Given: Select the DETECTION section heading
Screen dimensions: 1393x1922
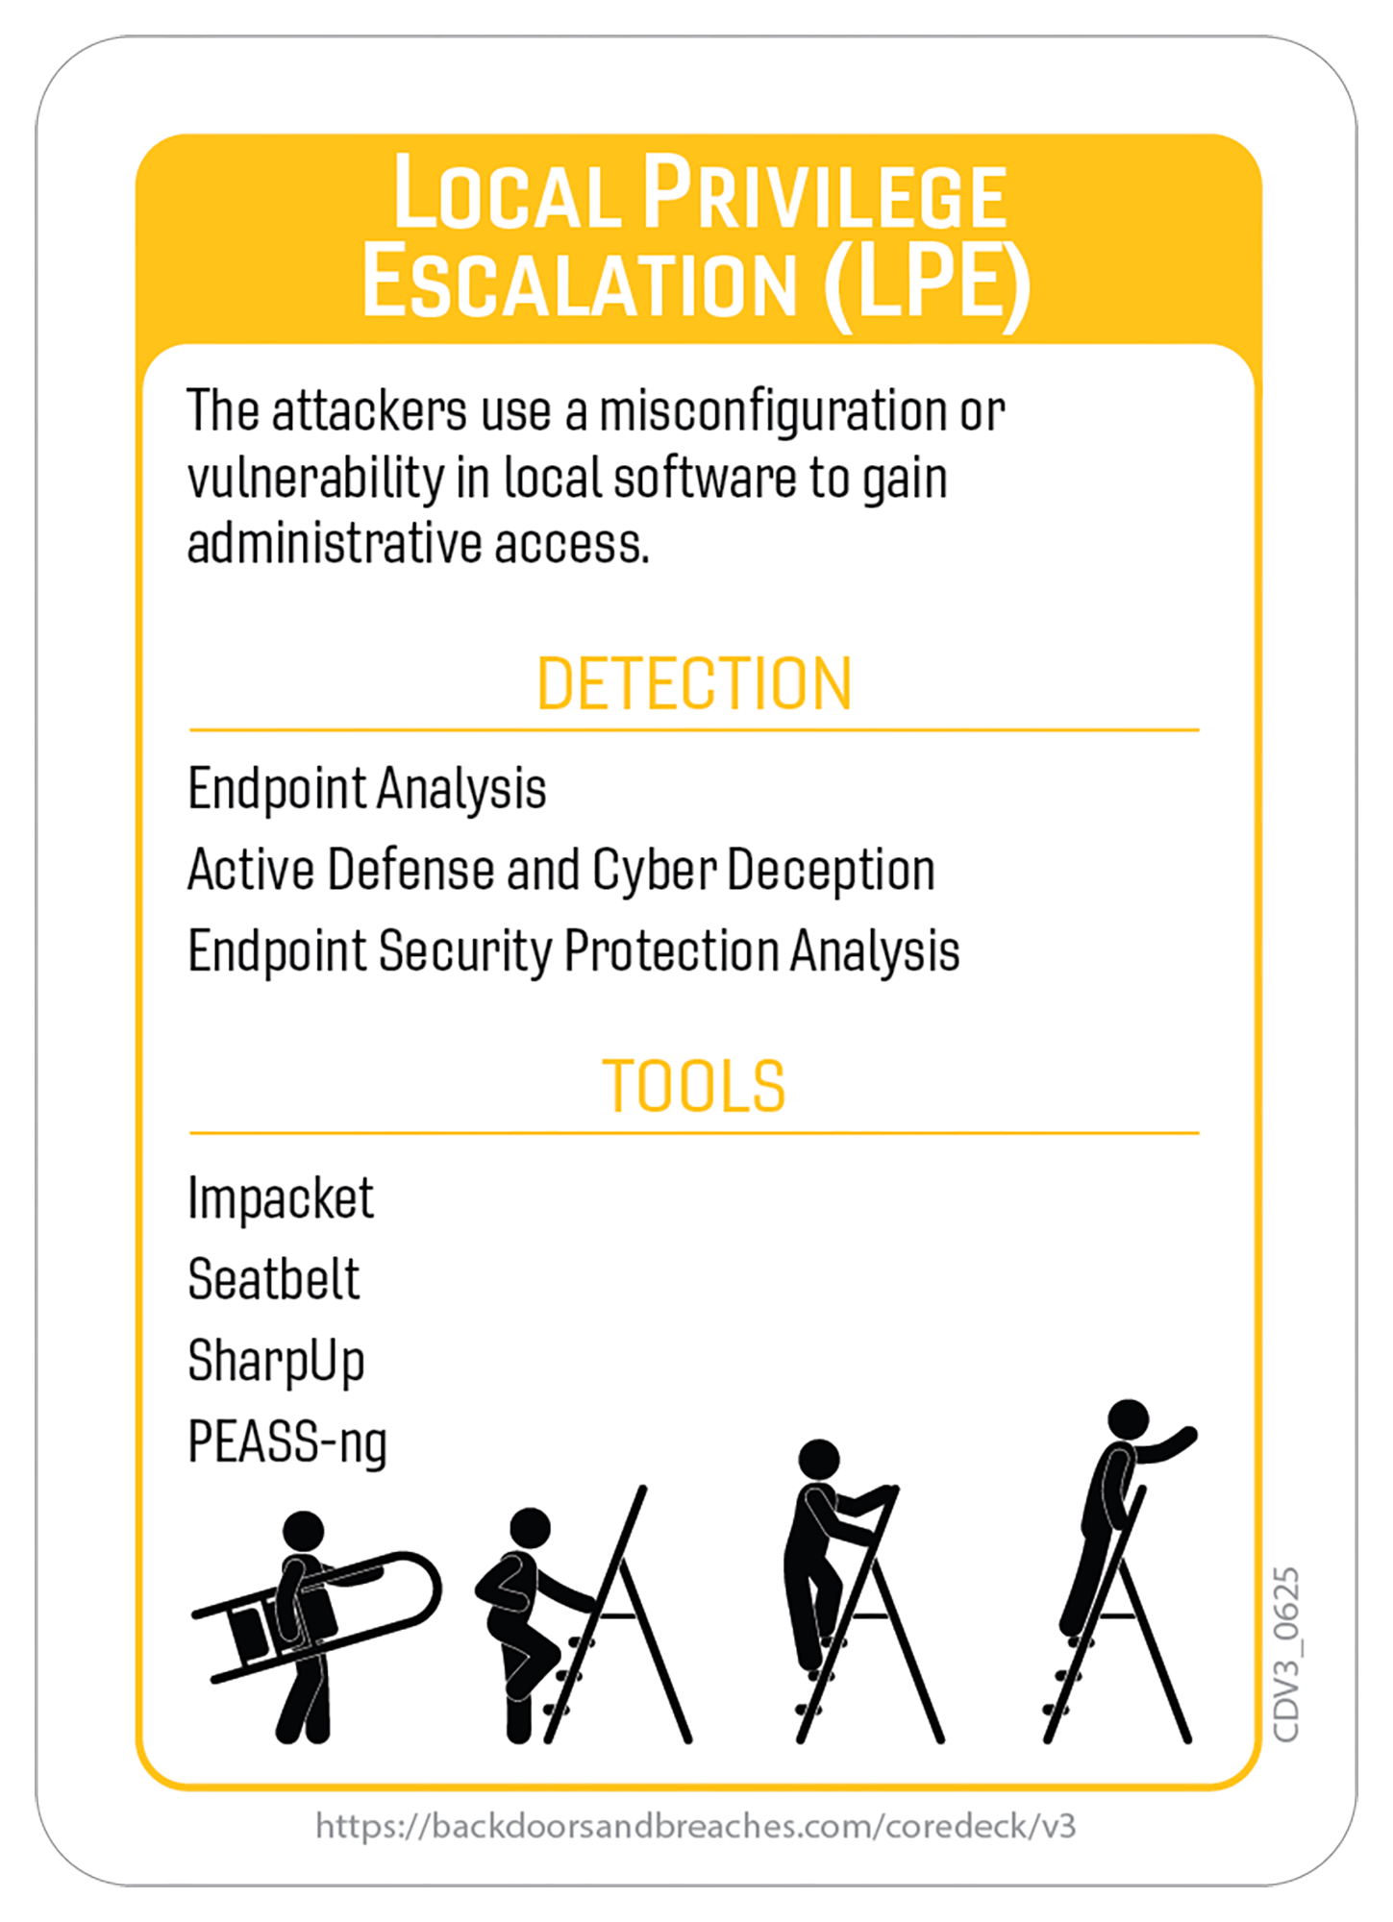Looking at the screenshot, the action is tap(694, 683).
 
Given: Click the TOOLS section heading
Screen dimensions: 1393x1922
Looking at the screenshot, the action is tap(694, 1086).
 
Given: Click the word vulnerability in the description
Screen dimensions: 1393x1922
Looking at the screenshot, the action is tap(314, 479).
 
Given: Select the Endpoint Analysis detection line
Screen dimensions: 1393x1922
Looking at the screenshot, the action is tap(366, 790).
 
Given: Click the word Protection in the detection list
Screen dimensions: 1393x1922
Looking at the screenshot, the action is tap(671, 951).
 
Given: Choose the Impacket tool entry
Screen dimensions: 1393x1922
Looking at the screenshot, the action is tap(280, 1199).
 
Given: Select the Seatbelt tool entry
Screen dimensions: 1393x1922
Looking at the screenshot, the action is tap(273, 1279).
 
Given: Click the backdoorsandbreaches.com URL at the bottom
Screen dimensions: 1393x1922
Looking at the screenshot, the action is tap(695, 1826).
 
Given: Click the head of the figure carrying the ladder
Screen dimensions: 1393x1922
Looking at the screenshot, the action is tap(304, 1531).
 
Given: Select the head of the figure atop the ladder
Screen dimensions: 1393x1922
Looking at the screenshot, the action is tap(1128, 1420).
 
